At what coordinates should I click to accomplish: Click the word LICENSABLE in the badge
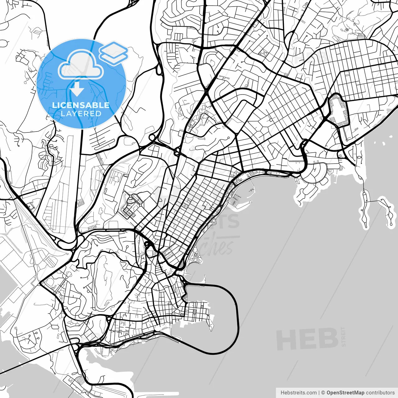(x=81, y=105)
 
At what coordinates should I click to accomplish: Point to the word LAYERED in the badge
(x=81, y=114)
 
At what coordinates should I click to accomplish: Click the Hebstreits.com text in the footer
(x=298, y=393)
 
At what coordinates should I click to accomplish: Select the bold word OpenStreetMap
(x=345, y=393)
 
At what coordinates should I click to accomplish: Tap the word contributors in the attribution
(x=380, y=393)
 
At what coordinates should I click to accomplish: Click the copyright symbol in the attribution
(x=323, y=393)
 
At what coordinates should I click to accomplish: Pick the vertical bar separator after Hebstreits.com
(x=319, y=393)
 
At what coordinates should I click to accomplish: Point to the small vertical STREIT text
(x=343, y=336)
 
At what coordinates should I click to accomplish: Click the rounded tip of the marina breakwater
(x=250, y=202)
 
